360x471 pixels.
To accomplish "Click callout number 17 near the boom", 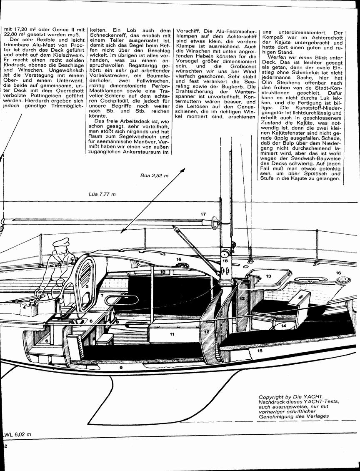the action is (x=203, y=214).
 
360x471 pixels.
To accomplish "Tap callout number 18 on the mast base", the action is (x=225, y=261).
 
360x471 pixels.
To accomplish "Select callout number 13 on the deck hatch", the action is (x=268, y=276).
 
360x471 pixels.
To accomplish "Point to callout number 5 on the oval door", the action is (x=87, y=287).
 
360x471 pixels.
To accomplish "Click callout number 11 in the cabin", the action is (x=172, y=334).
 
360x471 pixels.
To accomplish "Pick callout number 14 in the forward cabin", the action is (x=283, y=326).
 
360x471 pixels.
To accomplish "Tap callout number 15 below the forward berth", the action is (x=260, y=351).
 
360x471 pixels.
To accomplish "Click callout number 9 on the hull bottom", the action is (x=121, y=367).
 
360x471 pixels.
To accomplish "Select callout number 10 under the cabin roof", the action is (x=163, y=272).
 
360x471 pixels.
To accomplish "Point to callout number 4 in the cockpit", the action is (x=24, y=307).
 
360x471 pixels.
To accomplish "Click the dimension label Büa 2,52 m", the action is (x=154, y=175).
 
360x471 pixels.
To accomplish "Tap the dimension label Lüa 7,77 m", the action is (x=102, y=194).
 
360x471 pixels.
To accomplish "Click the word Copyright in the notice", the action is (x=271, y=397).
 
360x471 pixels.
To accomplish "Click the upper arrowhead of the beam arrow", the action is (x=182, y=170).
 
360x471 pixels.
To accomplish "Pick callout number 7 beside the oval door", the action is (x=102, y=296).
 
